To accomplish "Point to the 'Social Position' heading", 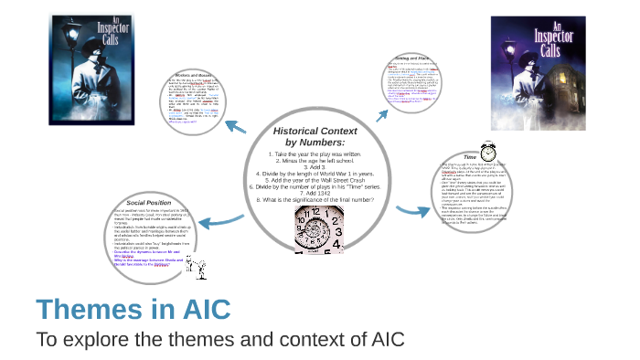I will tap(150, 202).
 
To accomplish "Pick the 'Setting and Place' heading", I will tap(414, 57).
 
